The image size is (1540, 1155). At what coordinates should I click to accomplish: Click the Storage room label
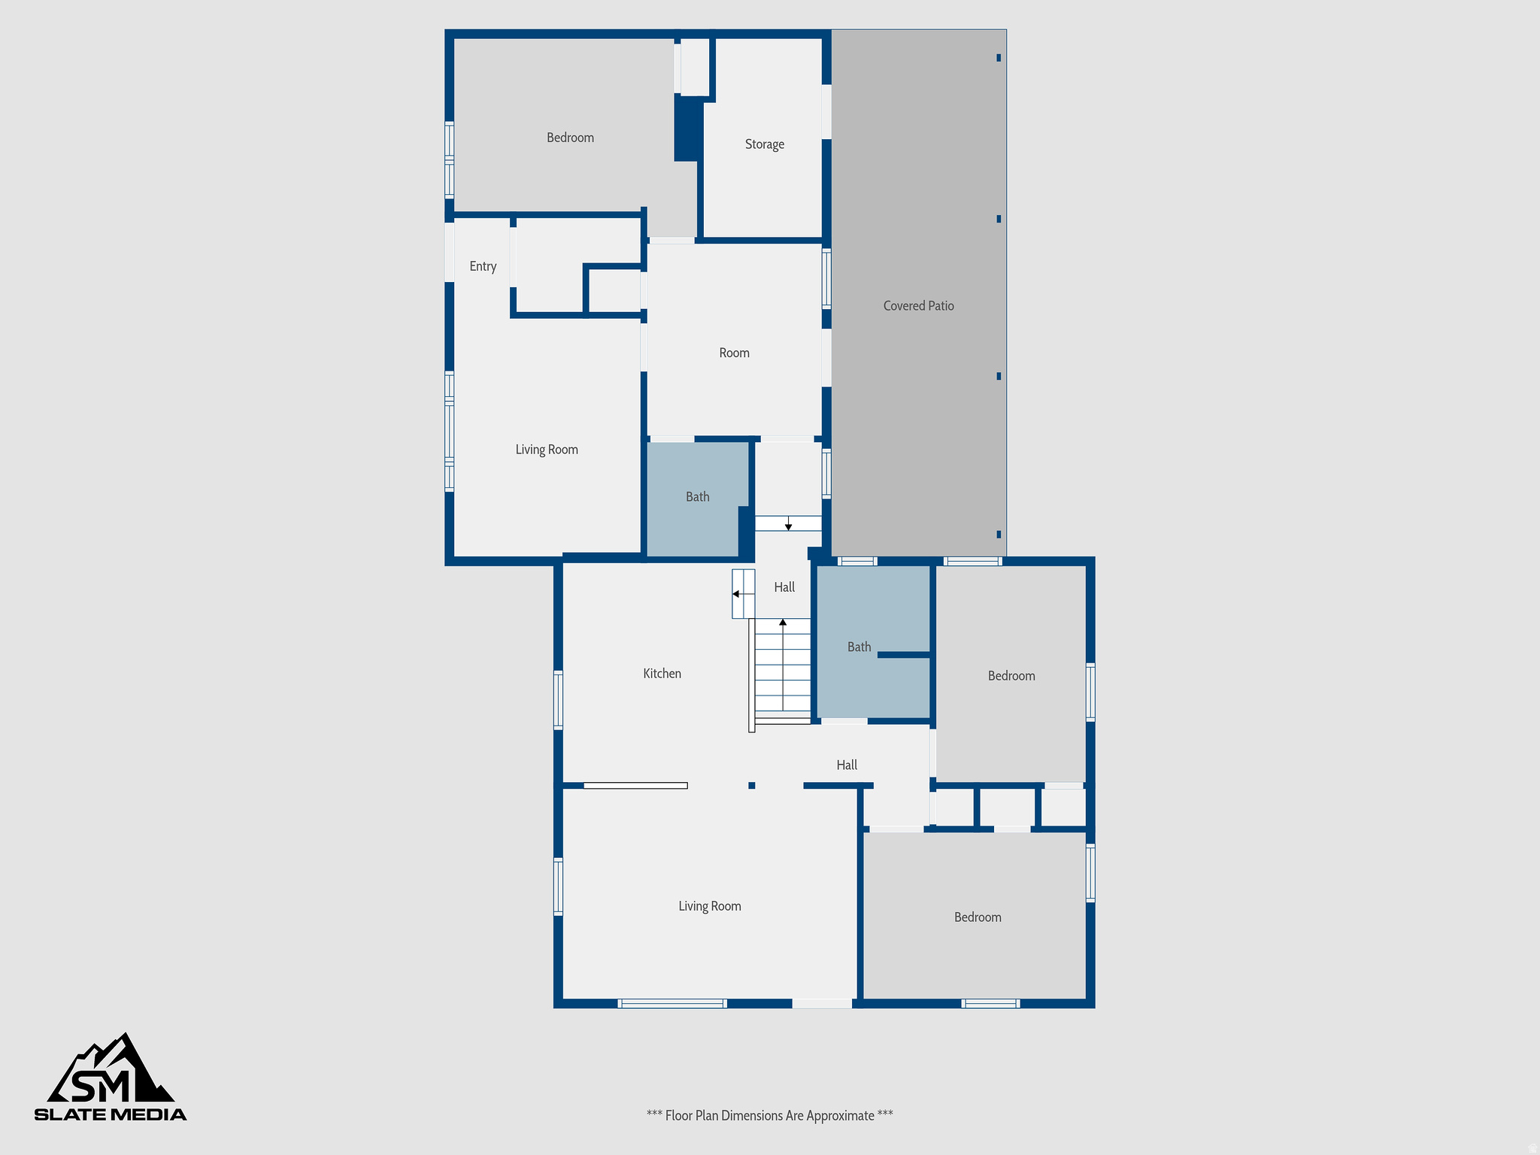(764, 144)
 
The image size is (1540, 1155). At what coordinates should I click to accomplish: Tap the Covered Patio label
(918, 306)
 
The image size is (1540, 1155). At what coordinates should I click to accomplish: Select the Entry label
(483, 266)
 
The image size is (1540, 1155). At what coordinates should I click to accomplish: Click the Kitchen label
(662, 674)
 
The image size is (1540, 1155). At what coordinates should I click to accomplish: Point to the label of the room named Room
(734, 353)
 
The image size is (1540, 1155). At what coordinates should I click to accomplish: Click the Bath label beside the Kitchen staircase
(859, 647)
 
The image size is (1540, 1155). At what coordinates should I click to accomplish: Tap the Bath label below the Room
(697, 497)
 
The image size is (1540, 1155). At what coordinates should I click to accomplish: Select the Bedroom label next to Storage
(570, 138)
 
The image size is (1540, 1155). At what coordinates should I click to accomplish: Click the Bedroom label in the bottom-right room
(978, 917)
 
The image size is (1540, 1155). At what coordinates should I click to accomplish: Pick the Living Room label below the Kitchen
(709, 906)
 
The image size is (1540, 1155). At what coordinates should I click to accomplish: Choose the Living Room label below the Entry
(547, 450)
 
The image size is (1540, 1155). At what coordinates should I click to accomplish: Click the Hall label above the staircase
(784, 587)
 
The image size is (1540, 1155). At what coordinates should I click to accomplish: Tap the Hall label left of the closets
(847, 765)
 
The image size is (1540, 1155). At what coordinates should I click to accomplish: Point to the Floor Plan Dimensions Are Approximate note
(769, 1116)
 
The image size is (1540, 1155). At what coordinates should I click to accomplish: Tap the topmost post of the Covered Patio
(999, 58)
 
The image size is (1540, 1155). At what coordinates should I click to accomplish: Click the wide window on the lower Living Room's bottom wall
(672, 1003)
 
